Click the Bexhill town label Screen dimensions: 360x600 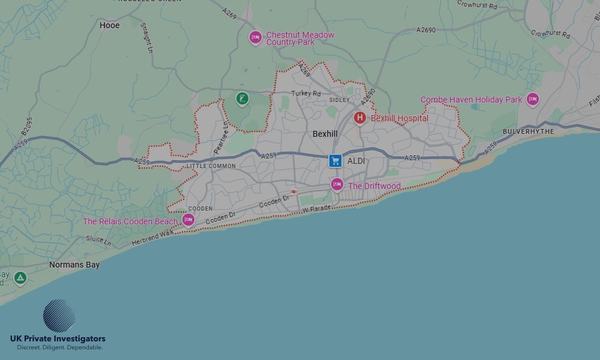click(325, 134)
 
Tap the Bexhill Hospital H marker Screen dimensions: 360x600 click(360, 118)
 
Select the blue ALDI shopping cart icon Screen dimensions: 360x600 click(335, 161)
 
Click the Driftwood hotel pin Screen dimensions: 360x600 click(337, 185)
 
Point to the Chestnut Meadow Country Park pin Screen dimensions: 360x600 click(256, 38)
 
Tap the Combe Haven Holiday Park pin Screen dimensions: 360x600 click(532, 99)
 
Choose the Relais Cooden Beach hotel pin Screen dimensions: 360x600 click(188, 220)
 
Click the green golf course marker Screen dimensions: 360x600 click(242, 98)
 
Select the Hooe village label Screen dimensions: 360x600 click(110, 25)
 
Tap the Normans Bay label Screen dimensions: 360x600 click(74, 265)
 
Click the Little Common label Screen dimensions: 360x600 click(211, 166)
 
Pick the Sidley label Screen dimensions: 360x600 click(340, 100)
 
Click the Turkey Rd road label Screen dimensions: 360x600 click(306, 94)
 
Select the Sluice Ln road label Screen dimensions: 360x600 click(99, 241)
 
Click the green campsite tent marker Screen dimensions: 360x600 click(20, 278)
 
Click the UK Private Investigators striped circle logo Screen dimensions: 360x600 click(59, 316)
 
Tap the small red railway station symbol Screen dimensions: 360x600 click(293, 191)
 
